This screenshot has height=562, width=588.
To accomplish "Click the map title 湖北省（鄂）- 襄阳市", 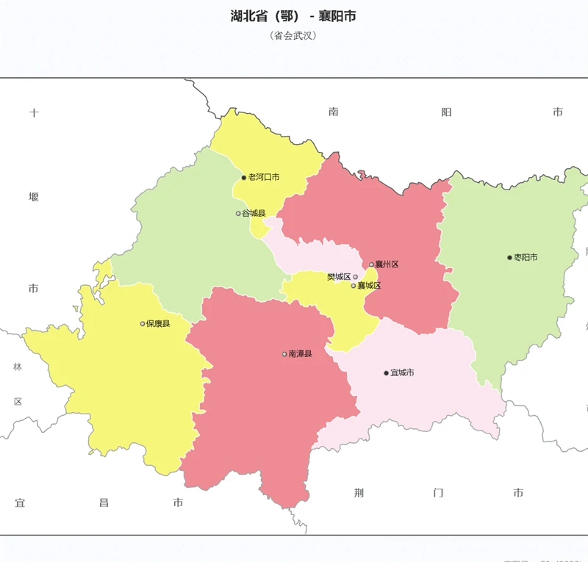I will point(293,16).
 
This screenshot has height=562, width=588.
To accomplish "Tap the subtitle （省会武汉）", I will point(293,35).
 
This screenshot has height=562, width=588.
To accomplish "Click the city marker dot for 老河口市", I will point(244,178).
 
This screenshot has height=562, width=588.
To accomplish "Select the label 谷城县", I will point(254,213).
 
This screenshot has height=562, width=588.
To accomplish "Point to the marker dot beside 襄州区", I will point(371,264).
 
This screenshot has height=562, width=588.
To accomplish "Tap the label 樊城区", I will point(338,277).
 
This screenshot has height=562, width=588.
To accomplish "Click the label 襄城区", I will point(370,286).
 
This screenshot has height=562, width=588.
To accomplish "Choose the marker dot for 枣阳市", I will point(509,257).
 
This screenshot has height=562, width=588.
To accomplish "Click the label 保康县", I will point(158,323).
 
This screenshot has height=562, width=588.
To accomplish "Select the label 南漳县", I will point(301,354).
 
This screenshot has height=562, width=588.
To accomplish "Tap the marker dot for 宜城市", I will point(386,373).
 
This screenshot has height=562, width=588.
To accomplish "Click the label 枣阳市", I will point(526,257).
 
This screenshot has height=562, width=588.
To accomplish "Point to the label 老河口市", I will point(264,178).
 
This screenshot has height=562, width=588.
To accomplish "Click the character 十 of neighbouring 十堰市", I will point(34,112).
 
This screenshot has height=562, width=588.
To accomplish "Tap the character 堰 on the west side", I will point(34,197).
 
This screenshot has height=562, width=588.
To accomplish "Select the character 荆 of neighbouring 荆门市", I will point(359,493).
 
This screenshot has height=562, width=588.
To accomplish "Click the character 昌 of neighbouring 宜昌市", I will point(104,503).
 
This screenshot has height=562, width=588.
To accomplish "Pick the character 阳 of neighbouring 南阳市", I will point(446,112).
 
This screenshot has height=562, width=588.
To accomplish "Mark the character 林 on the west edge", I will point(18,367).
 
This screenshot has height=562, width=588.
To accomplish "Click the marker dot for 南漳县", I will point(284,354).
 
